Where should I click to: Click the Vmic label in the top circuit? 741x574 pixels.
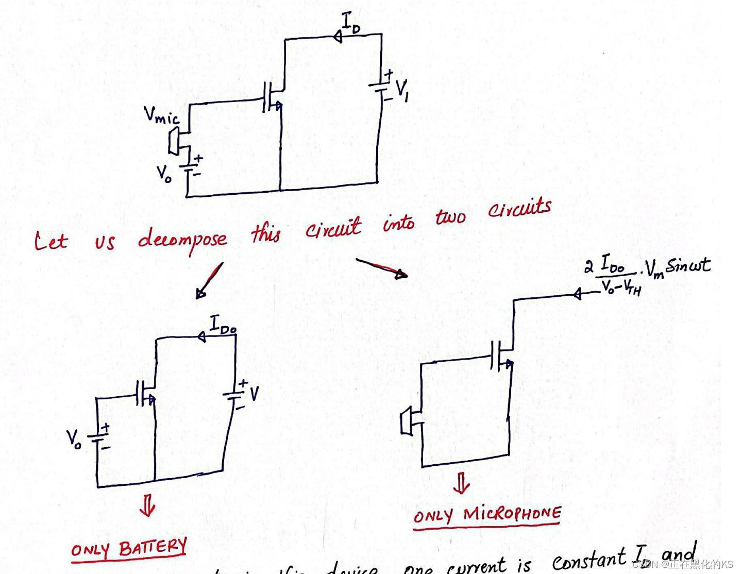(161, 115)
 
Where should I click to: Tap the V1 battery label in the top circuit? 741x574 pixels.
(402, 90)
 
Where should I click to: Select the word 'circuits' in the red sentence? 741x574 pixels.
(519, 208)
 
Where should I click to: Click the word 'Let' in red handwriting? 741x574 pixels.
(50, 241)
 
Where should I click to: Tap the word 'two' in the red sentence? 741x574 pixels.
(450, 216)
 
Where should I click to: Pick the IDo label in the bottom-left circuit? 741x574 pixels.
(223, 325)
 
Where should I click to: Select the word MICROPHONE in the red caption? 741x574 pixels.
(512, 513)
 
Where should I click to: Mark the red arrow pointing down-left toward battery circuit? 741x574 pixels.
(209, 281)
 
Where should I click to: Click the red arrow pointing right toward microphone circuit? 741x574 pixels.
(382, 268)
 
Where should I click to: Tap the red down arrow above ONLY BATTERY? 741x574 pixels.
(147, 505)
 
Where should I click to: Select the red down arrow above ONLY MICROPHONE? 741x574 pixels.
(461, 483)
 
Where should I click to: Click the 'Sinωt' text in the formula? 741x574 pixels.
(688, 265)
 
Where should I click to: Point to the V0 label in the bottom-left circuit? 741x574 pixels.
(74, 438)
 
